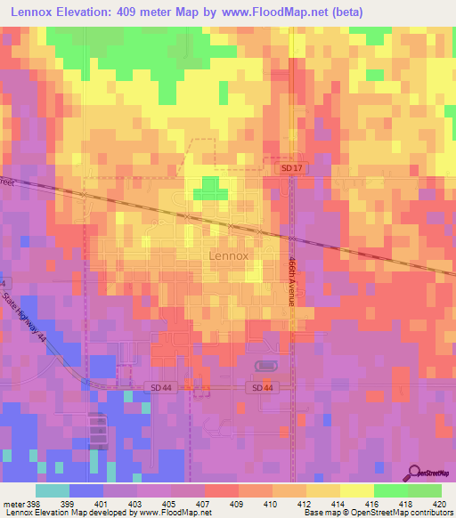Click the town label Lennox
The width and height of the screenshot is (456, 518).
tap(228, 255)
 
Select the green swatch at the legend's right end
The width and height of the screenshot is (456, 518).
tap(425, 490)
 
